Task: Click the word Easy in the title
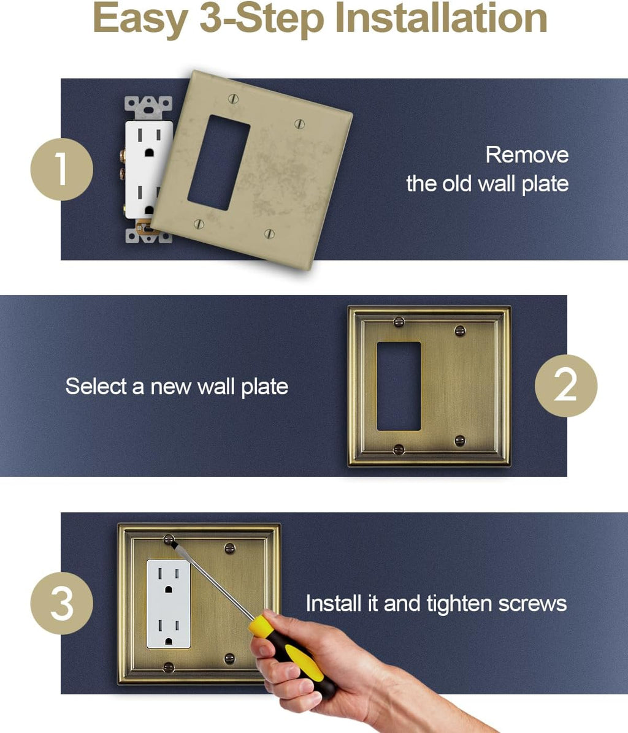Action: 140,20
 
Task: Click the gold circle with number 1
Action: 61,169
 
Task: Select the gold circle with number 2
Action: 565,385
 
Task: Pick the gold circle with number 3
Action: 61,603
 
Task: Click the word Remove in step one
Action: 527,154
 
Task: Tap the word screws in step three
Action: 532,604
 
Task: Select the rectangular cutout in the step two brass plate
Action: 399,386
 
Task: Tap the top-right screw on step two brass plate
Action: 460,331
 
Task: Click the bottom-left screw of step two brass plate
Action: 399,449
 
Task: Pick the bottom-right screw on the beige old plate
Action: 269,234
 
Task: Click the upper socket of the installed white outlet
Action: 168,579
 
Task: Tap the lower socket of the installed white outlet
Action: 168,629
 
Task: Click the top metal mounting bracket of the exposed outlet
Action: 148,107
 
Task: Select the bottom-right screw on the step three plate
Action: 229,659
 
